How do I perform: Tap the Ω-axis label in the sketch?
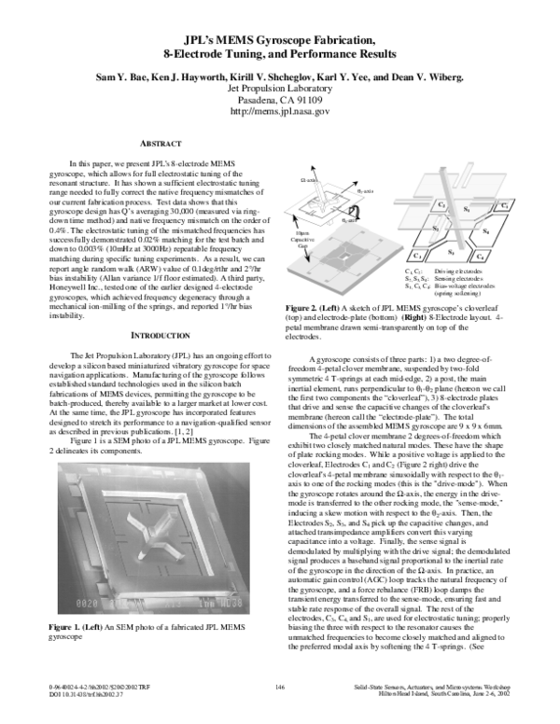tap(309, 177)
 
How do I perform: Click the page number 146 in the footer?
tap(280, 712)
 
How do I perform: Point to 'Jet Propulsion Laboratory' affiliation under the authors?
tap(280, 87)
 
